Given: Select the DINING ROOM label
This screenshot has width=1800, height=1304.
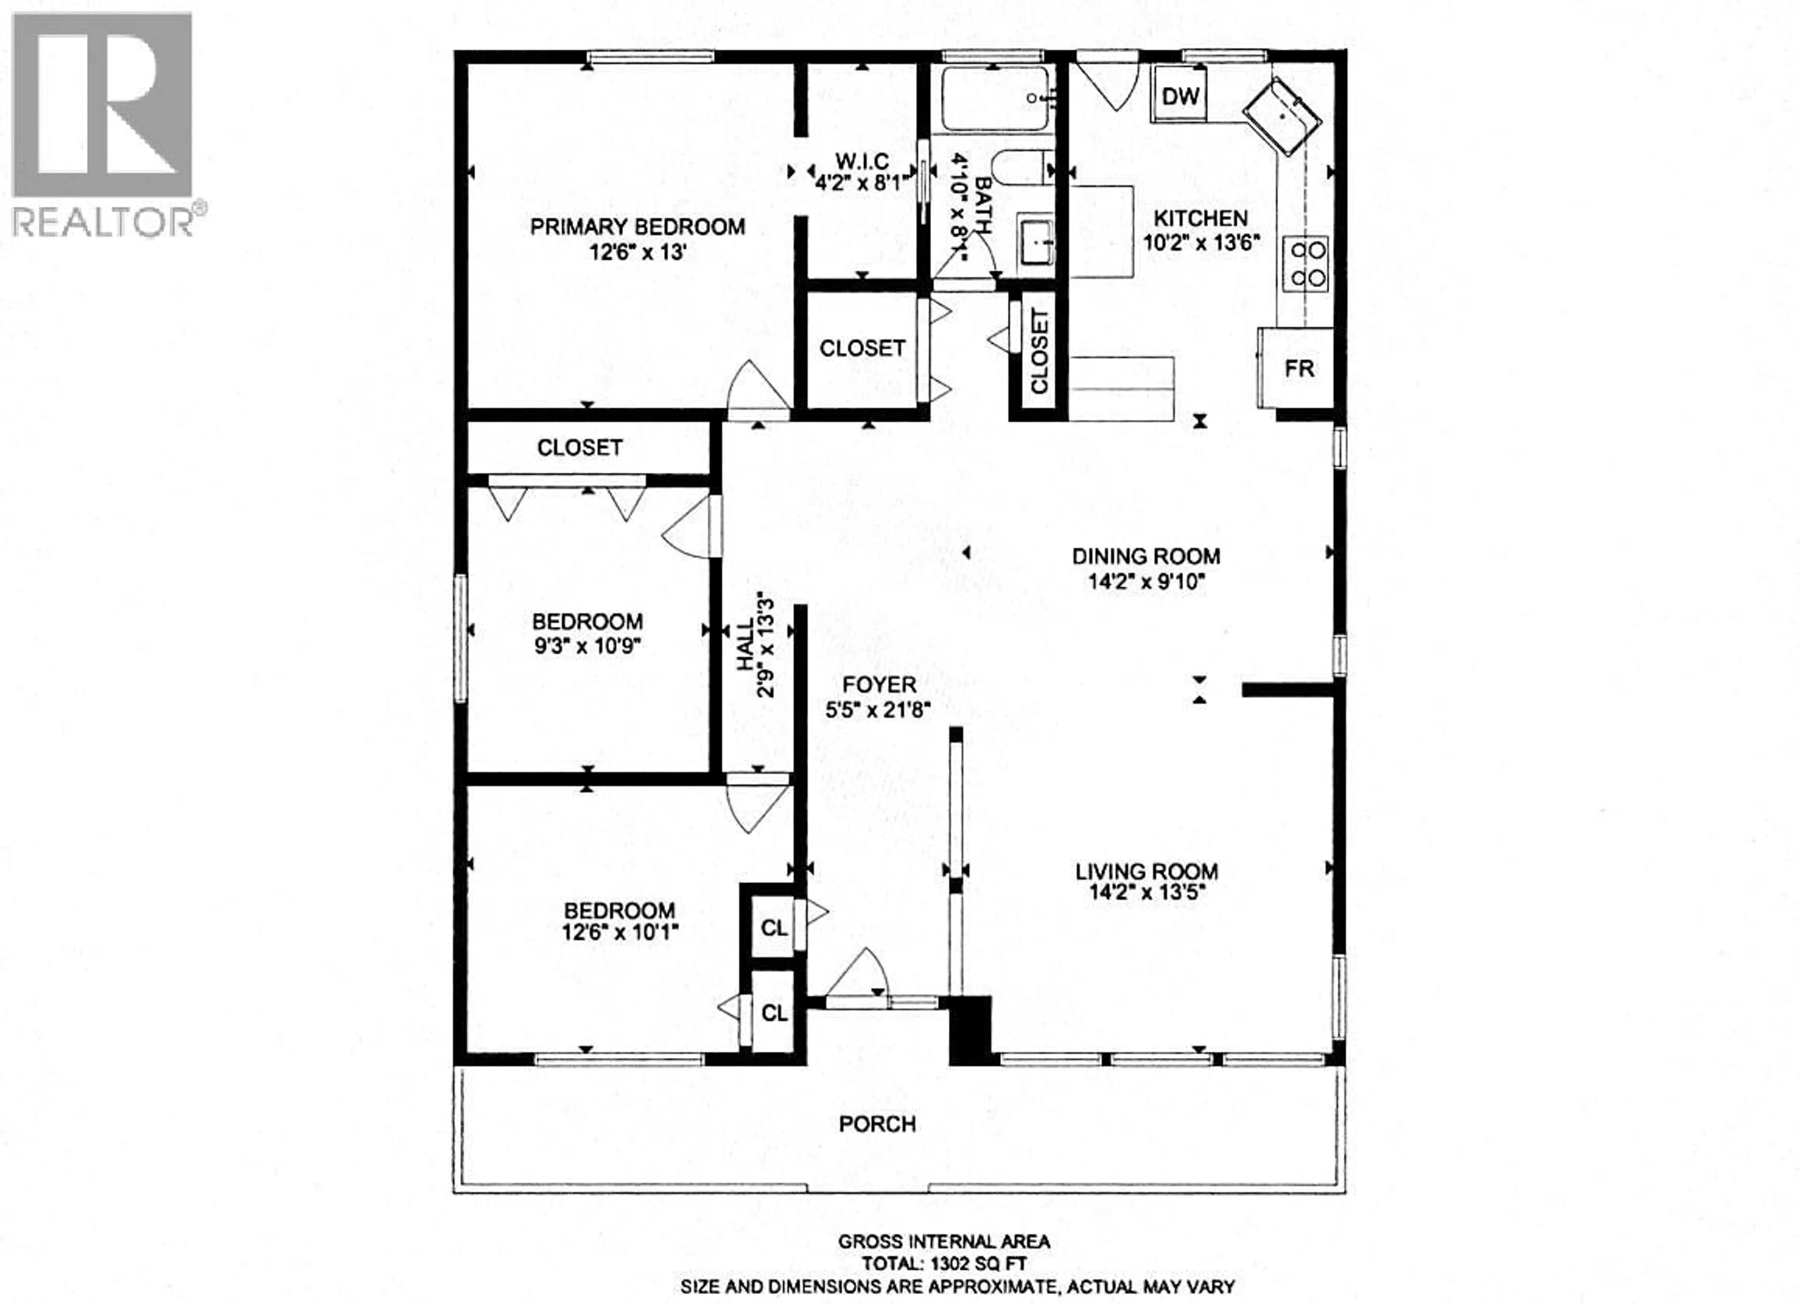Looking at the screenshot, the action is (1146, 557).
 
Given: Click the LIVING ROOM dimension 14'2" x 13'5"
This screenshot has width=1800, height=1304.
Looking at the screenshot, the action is (1147, 892).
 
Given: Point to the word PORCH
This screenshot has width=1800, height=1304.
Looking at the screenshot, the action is (878, 1124).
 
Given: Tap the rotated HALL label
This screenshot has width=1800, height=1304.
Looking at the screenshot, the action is (746, 644).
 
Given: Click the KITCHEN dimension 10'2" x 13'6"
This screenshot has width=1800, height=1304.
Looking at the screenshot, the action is (1201, 243).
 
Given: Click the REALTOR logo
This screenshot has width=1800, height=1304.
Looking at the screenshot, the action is (103, 125).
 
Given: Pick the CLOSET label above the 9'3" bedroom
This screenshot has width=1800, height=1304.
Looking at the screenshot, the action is (579, 448).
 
